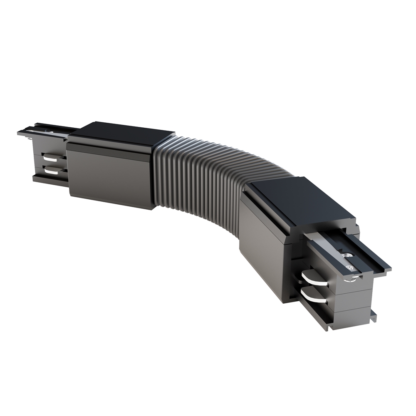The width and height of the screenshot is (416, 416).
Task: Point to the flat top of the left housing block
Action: pyautogui.click(x=121, y=132)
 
